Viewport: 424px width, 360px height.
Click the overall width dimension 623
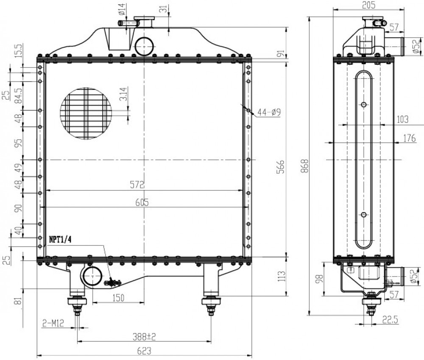pos(144,351)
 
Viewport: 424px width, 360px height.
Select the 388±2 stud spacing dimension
pos(144,337)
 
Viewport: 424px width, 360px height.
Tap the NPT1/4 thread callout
pos(60,240)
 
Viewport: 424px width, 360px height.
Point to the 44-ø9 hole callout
pos(269,112)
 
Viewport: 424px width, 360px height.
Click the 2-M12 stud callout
pos(53,323)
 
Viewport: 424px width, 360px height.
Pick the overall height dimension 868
pos(305,166)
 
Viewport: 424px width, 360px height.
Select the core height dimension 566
pos(281,167)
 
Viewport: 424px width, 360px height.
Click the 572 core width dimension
pos(137,185)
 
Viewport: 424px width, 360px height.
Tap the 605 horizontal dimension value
pos(142,202)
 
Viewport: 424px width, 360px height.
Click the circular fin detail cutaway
pos(86,113)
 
